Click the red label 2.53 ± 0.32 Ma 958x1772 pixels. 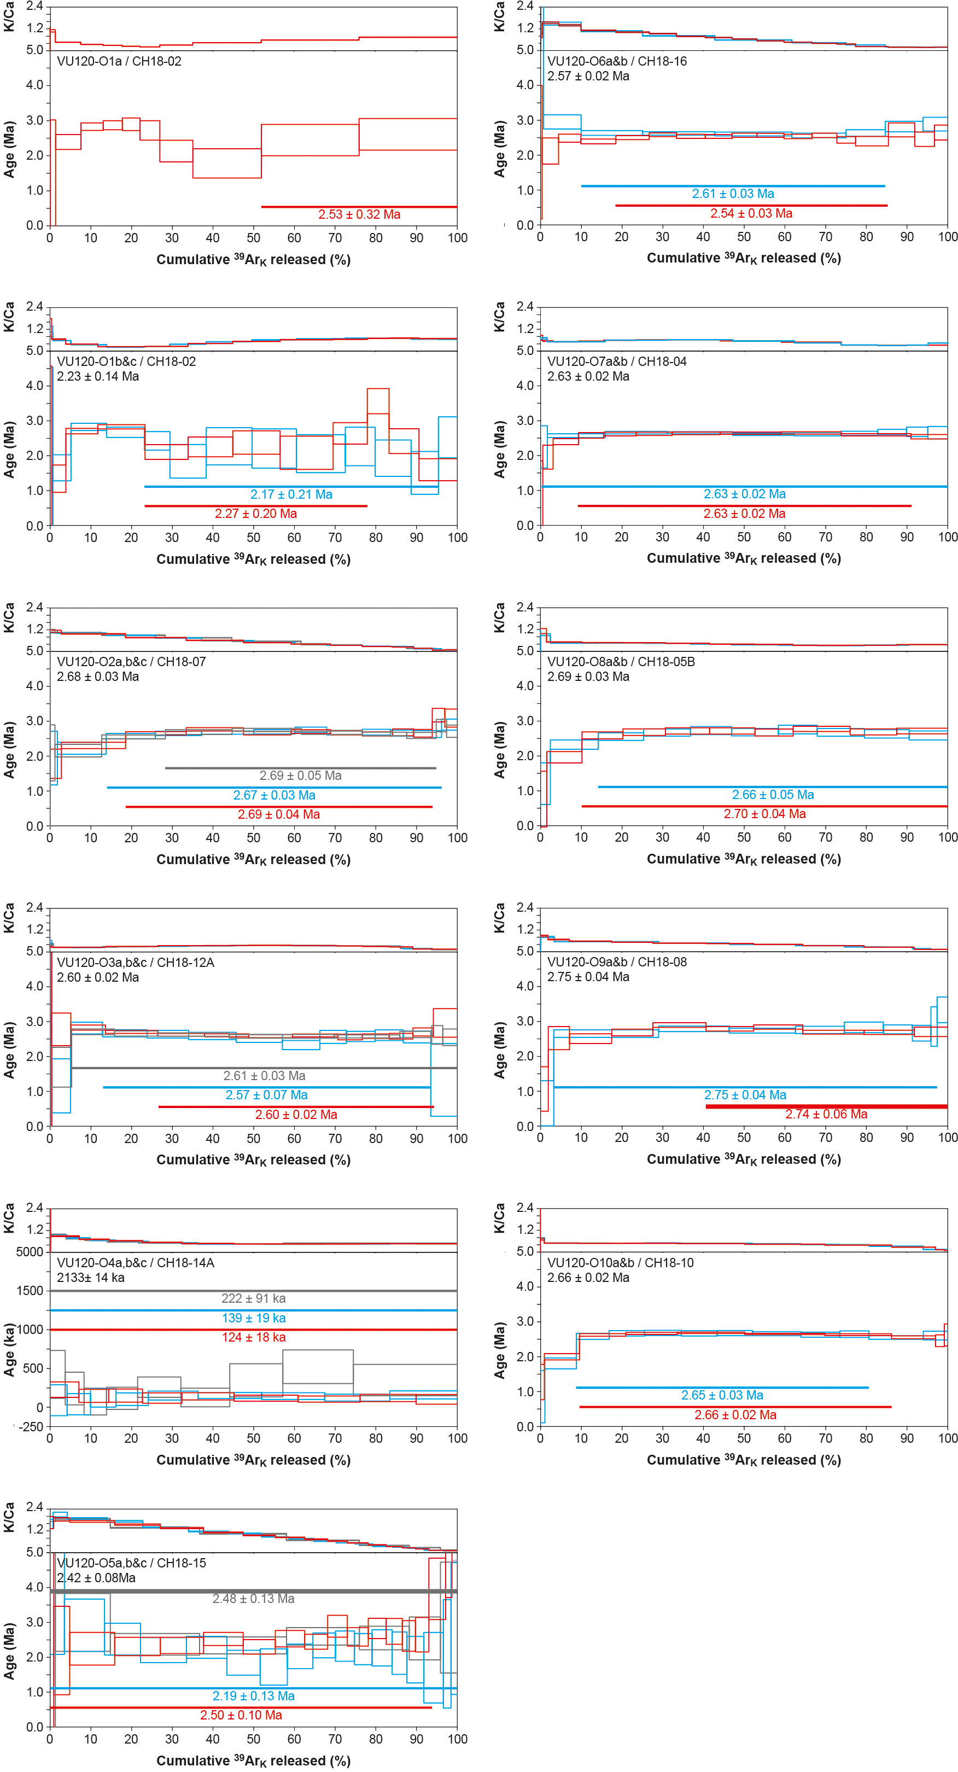click(359, 214)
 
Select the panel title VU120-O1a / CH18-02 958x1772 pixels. click(119, 61)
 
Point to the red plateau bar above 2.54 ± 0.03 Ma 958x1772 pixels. click(751, 206)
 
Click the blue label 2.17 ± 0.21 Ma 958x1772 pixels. click(291, 494)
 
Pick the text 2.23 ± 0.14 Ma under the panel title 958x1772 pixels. click(98, 376)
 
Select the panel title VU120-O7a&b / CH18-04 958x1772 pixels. click(617, 361)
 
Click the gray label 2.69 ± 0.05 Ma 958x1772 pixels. click(301, 776)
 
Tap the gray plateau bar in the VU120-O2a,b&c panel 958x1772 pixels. click(301, 768)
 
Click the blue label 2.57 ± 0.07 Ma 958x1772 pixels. click(267, 1094)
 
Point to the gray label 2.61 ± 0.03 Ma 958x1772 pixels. click(264, 1075)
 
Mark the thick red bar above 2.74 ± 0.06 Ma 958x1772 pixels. click(826, 1106)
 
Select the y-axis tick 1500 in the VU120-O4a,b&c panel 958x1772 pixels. click(30, 1291)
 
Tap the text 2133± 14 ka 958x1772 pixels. click(91, 1278)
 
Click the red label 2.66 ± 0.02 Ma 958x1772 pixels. click(735, 1414)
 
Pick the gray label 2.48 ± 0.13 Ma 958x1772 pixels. click(253, 1598)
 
